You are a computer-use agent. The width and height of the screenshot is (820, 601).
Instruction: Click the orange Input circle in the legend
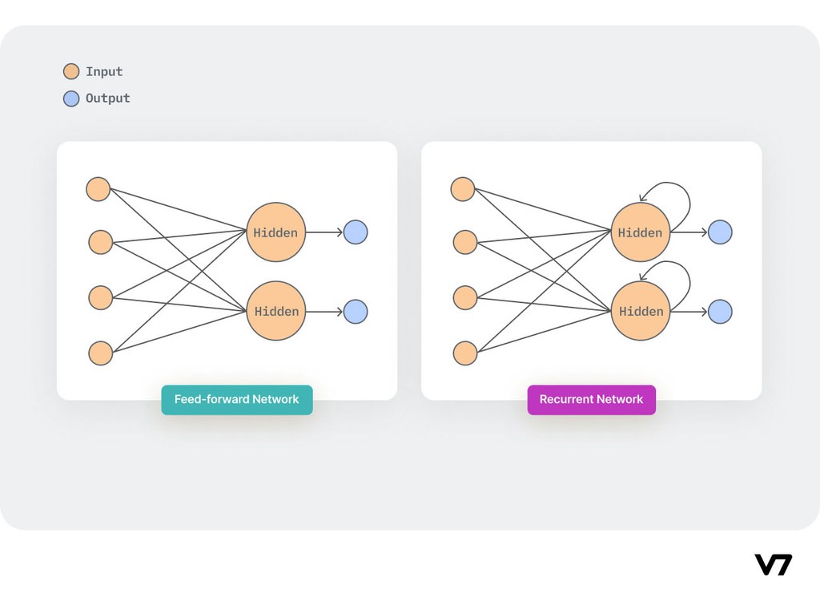coord(71,71)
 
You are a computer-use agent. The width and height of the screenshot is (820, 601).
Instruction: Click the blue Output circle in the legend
coord(71,99)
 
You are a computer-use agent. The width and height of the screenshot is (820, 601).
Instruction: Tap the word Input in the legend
coord(104,71)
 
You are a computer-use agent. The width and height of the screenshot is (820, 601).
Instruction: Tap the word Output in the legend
coord(107,99)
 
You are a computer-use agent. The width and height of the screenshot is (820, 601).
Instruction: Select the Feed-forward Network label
coord(236,399)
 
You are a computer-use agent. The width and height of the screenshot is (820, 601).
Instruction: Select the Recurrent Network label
coord(591,399)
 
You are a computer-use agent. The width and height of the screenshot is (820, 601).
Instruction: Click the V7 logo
coord(773,564)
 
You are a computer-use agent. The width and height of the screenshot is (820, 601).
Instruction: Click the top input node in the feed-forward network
coord(98,189)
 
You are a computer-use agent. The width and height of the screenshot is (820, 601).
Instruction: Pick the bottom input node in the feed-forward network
coord(100,353)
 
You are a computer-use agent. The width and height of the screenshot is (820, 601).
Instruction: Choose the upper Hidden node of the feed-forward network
coord(275,232)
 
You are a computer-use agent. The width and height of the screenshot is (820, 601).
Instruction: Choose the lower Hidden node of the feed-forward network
coord(275,311)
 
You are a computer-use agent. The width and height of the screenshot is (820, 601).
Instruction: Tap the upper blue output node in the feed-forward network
coord(356,232)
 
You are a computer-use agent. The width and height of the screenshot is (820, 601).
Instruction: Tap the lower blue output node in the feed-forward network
coord(356,311)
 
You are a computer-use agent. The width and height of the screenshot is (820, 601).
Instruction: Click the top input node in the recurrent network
coord(463,189)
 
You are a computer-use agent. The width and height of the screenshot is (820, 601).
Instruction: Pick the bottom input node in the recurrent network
coord(465,353)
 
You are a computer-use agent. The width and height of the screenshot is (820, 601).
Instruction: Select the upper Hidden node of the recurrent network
coord(640,232)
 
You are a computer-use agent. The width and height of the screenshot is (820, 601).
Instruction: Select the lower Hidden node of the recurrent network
coord(640,311)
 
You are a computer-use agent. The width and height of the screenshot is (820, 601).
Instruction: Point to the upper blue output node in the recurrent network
coord(720,232)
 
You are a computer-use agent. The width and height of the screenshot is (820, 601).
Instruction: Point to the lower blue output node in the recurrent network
coord(720,311)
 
